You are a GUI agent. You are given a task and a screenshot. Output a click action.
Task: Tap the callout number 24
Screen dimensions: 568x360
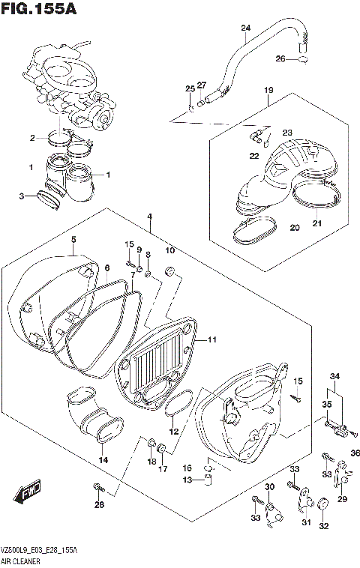244,28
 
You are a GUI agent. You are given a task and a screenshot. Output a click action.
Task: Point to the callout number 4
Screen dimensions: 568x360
150,217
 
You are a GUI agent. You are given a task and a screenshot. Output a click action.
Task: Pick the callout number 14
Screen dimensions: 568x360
103,459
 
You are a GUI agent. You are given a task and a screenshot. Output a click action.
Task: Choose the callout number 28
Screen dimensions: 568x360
98,504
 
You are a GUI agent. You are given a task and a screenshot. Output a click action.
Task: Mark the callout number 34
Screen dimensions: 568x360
334,376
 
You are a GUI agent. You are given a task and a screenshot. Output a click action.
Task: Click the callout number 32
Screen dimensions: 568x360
324,525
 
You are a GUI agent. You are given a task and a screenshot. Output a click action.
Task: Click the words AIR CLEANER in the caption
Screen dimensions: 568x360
22,560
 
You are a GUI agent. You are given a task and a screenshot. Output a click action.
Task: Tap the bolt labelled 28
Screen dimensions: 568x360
97,489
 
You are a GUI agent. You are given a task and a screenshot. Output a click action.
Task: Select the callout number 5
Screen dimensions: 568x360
73,240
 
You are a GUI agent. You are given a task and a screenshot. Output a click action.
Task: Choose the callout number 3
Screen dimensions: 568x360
22,196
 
